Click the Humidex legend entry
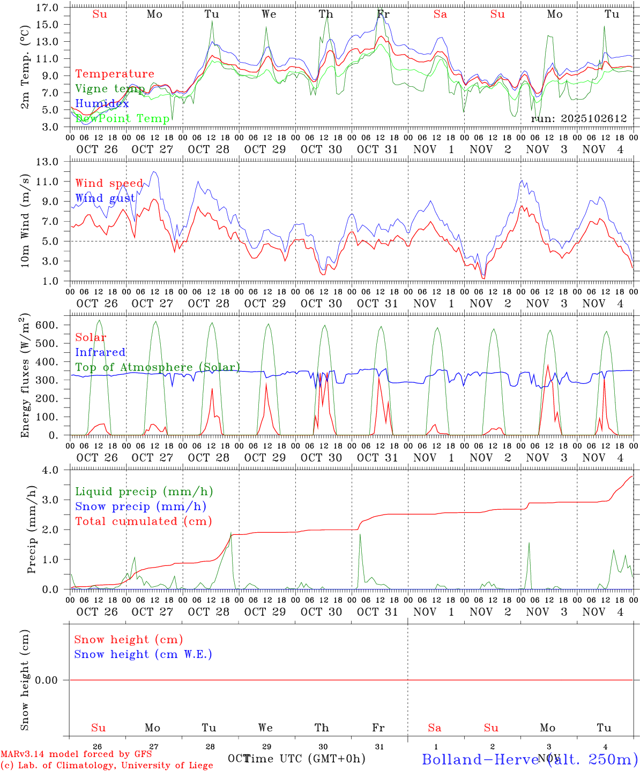click(102, 103)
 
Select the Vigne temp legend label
click(110, 88)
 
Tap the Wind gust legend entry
click(105, 198)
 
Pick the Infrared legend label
click(100, 352)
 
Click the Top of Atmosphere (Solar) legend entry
click(157, 367)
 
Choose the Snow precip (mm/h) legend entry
click(140, 506)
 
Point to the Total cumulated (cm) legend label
click(143, 521)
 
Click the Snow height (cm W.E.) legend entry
click(143, 654)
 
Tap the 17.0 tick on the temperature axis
click(48, 7)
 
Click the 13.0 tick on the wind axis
click(48, 162)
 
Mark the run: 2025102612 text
click(578, 118)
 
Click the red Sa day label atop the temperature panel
click(440, 14)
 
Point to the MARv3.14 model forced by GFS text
click(76, 754)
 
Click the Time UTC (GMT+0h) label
click(304, 759)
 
